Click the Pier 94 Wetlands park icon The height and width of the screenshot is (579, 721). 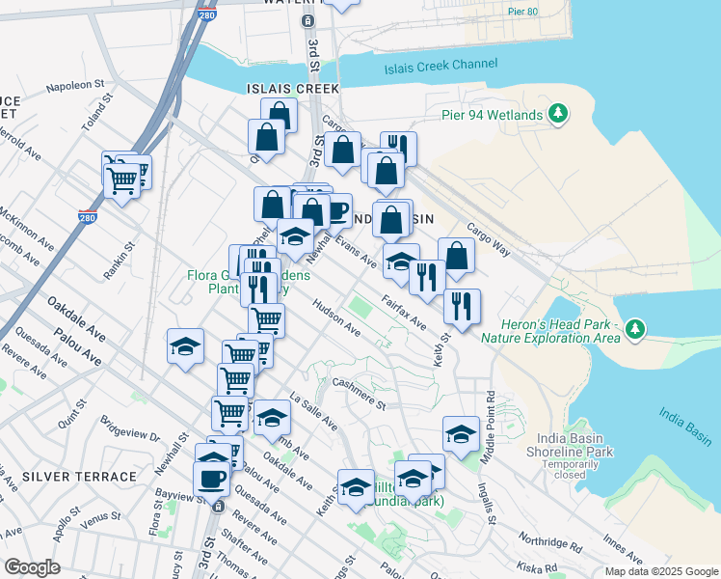[x=557, y=115]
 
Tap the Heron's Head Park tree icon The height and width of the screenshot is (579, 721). [x=634, y=330]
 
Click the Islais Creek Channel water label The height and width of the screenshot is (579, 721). [x=441, y=67]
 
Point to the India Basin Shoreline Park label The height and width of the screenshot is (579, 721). [x=575, y=452]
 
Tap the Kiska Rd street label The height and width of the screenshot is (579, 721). [x=536, y=568]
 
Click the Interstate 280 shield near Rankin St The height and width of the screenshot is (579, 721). [x=86, y=218]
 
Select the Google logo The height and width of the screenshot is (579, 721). [x=32, y=567]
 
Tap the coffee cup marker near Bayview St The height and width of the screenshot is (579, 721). [x=211, y=478]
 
